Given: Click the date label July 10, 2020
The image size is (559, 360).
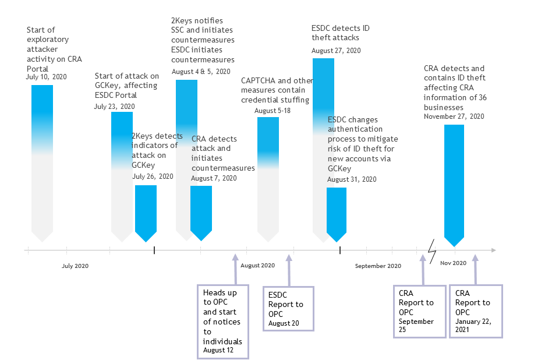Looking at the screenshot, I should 46,77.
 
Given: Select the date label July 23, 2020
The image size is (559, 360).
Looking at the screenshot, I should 114,107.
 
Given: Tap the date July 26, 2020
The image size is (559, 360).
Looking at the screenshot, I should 153,177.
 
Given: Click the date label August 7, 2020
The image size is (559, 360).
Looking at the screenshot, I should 214,178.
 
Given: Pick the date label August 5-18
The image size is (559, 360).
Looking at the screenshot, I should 272,111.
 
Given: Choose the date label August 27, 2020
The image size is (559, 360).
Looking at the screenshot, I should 336,51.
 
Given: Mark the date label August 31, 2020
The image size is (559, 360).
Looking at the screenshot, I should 352,179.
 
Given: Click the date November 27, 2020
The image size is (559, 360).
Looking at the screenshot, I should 454,117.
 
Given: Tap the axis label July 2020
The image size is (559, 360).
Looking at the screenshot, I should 75,266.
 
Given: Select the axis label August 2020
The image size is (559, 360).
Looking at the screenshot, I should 257,266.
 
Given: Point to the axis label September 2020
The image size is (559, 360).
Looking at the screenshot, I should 378,266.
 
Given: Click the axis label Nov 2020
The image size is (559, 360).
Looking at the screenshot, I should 453,263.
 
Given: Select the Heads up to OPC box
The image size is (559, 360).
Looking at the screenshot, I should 223,321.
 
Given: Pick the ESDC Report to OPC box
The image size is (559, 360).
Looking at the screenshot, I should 288,309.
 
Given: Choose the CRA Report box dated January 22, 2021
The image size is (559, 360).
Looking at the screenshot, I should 476,310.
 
